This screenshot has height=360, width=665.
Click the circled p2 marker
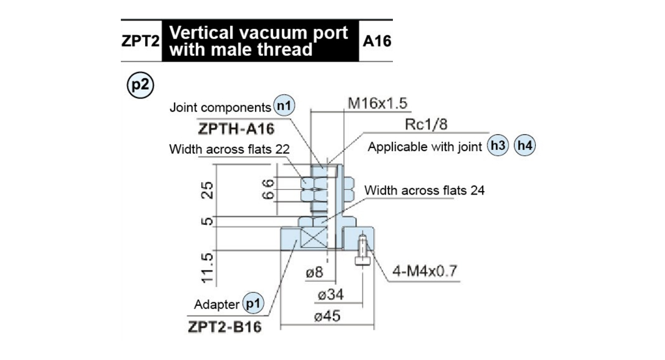(x=140, y=85)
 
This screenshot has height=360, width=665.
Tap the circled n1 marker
(x=284, y=106)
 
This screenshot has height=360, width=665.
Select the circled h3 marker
(x=498, y=146)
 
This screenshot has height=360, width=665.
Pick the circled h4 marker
(x=525, y=146)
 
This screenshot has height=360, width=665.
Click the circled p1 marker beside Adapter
(x=253, y=304)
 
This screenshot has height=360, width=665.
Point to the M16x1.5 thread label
(x=377, y=103)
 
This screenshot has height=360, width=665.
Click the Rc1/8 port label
(x=426, y=125)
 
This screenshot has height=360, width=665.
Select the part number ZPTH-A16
(x=236, y=129)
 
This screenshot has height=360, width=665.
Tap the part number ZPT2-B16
(x=225, y=327)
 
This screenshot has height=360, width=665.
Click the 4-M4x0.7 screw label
(x=424, y=271)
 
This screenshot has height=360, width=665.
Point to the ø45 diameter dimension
(x=327, y=316)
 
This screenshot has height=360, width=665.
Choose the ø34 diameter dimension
(x=331, y=295)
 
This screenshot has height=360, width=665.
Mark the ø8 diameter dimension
(x=314, y=272)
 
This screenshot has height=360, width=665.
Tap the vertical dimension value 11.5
(x=207, y=268)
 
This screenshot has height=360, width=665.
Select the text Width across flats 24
(x=424, y=190)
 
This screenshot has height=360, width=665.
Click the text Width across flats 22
(x=229, y=149)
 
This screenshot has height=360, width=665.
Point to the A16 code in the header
(x=377, y=41)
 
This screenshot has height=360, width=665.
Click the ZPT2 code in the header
(x=140, y=41)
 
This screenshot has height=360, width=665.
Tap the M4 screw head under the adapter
(x=362, y=261)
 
